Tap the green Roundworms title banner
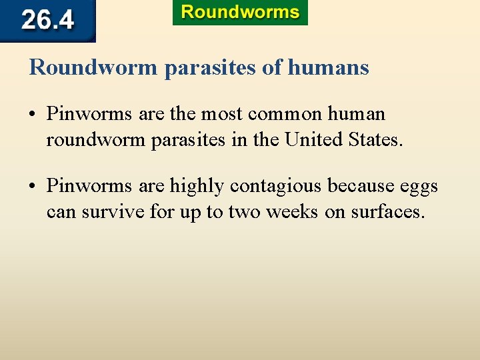[x=240, y=13]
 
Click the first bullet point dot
[x=33, y=115]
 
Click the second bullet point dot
[x=33, y=186]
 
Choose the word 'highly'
[x=197, y=186]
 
